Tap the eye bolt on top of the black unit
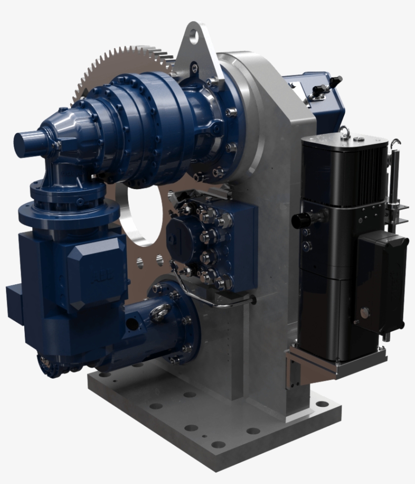click(x=346, y=132)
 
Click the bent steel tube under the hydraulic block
click(x=218, y=302)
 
